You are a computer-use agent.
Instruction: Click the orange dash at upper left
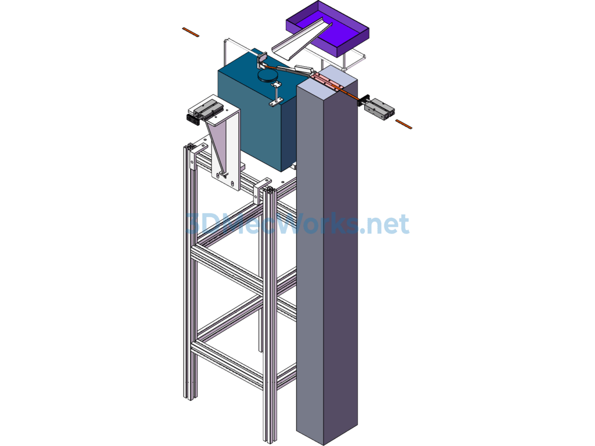[191, 33]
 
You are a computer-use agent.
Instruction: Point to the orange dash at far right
[404, 124]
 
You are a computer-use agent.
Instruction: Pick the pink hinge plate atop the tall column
[327, 82]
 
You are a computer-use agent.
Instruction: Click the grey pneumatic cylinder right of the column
[379, 109]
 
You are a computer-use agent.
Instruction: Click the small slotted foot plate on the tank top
[276, 102]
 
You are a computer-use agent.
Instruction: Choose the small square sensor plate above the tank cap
[262, 60]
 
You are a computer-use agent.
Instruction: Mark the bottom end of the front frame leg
[270, 441]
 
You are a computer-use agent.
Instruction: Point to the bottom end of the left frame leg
[190, 397]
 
